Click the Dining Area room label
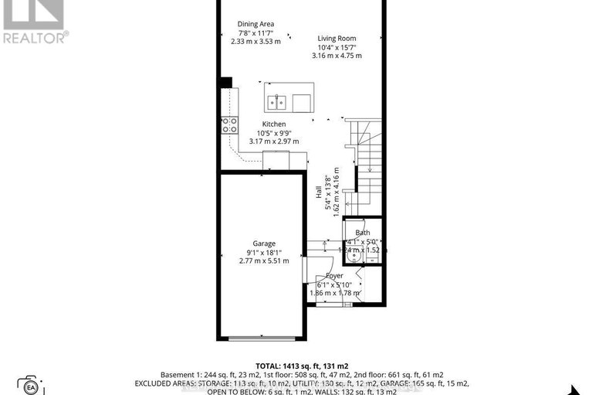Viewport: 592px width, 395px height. coord(255,24)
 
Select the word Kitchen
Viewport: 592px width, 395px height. coord(273,124)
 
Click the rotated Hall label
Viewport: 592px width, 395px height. coord(319,192)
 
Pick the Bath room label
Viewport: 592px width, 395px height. coord(362,233)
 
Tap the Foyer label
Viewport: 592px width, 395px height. coord(334,275)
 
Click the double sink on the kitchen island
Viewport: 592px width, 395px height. coord(277,102)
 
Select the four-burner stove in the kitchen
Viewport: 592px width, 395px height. coord(229,124)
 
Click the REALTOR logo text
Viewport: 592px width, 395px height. coord(35,36)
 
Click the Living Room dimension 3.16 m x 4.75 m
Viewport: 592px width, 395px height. coord(337,56)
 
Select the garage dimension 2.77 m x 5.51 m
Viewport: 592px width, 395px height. coord(265,261)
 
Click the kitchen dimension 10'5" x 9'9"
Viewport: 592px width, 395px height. coord(273,132)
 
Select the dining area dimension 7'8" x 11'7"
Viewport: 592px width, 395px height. coord(255,32)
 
